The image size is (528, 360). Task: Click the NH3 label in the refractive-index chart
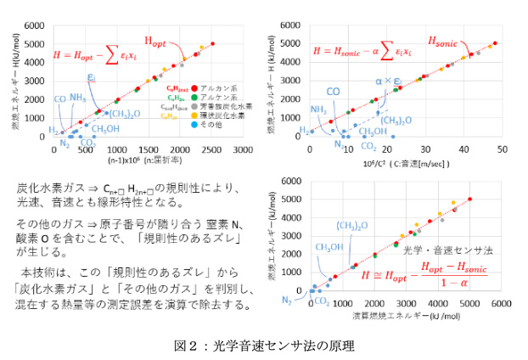(77, 98)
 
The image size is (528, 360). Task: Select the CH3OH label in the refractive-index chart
(106, 129)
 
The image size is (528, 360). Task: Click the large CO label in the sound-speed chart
(334, 92)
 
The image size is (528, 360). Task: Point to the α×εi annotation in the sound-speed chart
(386, 81)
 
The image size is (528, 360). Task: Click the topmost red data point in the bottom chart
(469, 200)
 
